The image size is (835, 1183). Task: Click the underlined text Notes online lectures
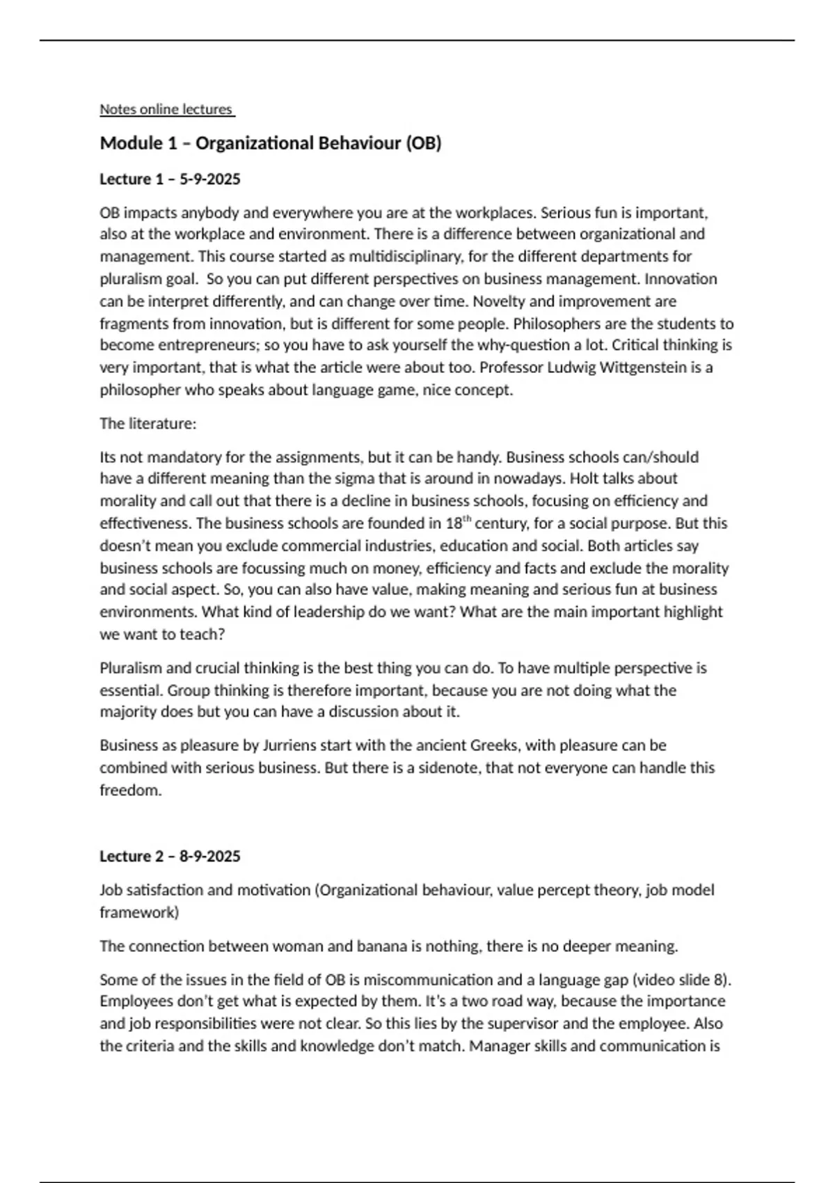click(166, 109)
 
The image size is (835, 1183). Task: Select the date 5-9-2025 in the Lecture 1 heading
click(210, 180)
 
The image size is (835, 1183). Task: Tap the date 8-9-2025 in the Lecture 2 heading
click(210, 857)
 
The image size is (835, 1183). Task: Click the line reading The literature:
click(148, 424)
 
